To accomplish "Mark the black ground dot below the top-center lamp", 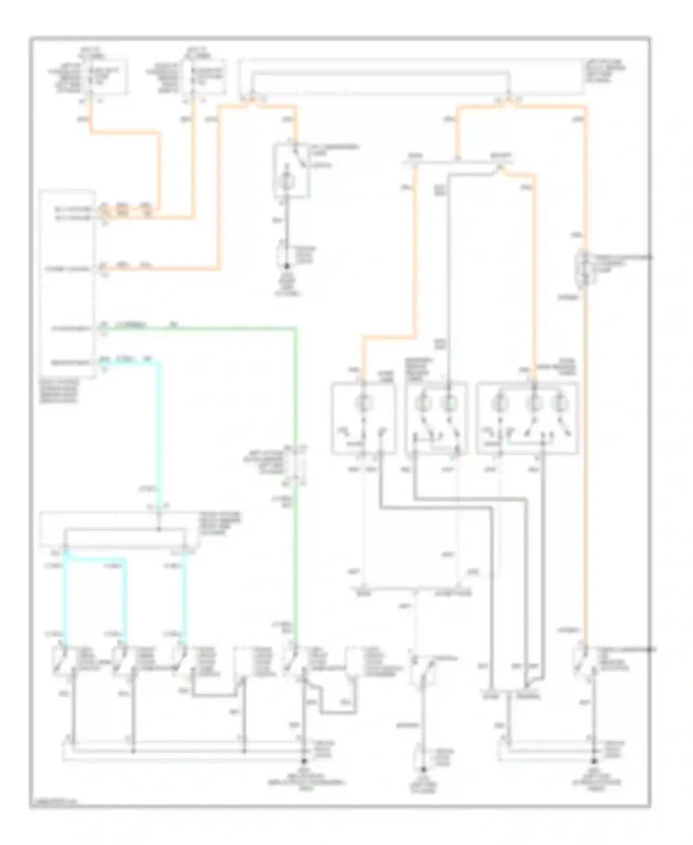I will (287, 267).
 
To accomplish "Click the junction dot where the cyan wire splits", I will (159, 529).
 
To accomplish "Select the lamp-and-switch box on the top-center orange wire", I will (291, 171).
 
